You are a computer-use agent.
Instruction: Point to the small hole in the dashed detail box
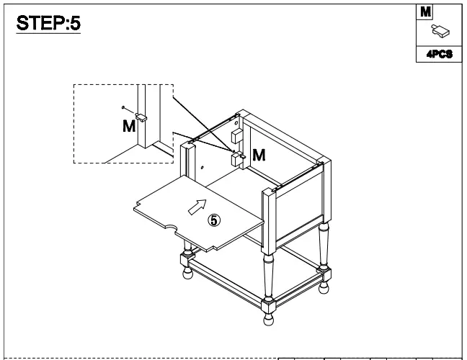[124, 109]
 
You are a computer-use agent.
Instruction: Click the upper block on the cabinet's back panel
[236, 135]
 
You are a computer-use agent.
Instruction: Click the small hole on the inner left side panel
[203, 166]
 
